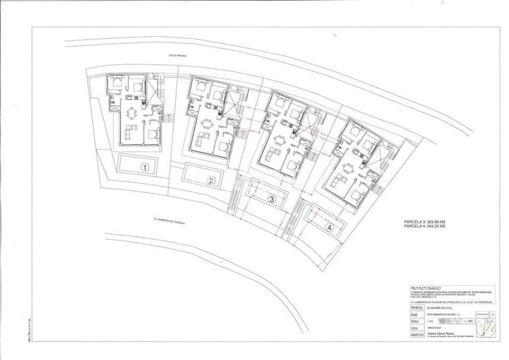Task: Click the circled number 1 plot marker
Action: coord(145,168)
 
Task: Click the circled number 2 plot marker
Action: coord(212,181)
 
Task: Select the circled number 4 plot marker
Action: coord(329,228)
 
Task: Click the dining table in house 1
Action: coord(132,114)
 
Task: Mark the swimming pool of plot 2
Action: coord(202,174)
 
